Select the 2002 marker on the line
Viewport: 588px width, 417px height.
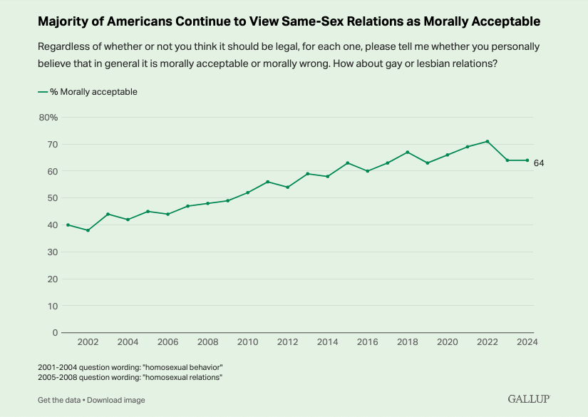(x=88, y=230)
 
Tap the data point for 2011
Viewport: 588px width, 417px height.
(x=267, y=182)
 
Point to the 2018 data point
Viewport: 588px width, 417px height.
(x=407, y=152)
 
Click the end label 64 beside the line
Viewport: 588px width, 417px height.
(x=539, y=163)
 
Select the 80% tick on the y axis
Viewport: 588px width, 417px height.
(x=48, y=117)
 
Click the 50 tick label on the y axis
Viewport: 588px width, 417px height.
(x=51, y=198)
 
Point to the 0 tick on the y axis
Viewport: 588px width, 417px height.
(x=55, y=332)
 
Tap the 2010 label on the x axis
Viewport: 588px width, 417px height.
(x=247, y=343)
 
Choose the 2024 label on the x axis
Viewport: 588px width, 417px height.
(x=527, y=343)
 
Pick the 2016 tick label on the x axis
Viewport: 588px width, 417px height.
(x=367, y=343)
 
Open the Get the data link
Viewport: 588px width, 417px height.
(x=58, y=400)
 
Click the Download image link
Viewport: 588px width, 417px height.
(x=116, y=400)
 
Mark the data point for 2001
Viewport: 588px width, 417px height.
(x=68, y=225)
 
